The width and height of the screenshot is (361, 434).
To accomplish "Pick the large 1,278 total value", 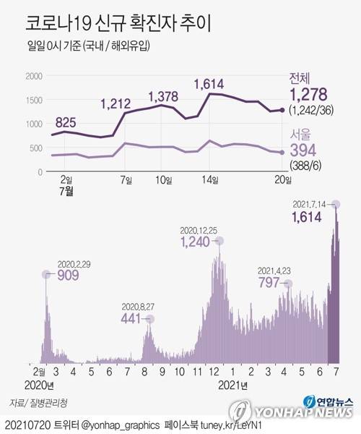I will coord(310,94).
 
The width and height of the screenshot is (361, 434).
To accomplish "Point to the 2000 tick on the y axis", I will coord(34,76).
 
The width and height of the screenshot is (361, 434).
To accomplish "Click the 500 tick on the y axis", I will coord(36,148).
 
